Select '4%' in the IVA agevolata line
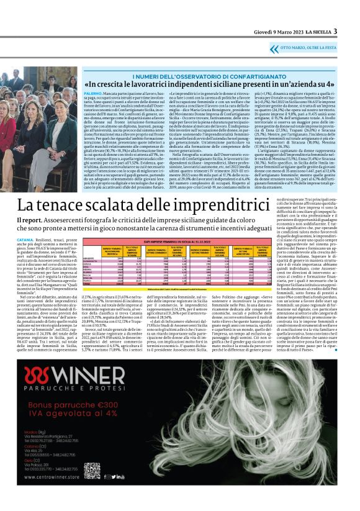[115, 428]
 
